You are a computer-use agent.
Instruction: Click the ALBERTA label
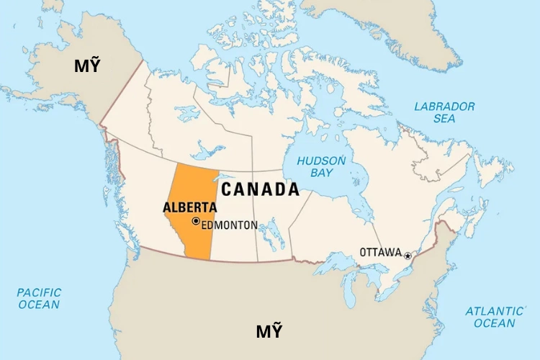pos(189,207)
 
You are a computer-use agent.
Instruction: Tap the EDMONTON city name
pos(229,225)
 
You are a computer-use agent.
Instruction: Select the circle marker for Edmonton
pos(196,221)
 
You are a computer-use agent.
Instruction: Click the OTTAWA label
pos(380,252)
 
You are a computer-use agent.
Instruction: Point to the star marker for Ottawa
pos(408,256)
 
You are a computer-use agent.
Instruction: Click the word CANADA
pos(259,189)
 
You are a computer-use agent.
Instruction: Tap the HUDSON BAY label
pos(321,167)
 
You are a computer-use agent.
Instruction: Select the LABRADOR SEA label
pos(444,112)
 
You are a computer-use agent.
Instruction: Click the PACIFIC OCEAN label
pos(39,298)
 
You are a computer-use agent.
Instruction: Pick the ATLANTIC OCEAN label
pos(495,317)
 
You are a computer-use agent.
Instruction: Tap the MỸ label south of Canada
pos(269,332)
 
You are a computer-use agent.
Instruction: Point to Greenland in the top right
pos(403,29)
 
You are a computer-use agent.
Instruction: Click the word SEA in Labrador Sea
pos(444,119)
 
